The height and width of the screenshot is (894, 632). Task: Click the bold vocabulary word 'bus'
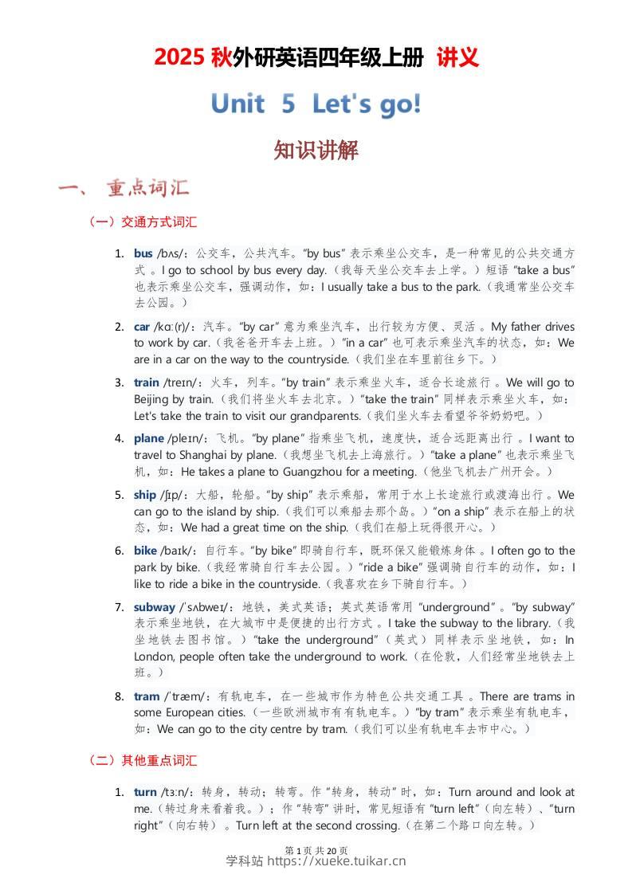143,253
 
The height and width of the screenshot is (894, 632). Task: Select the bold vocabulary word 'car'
142,327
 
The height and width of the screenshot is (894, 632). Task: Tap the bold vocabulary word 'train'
147,382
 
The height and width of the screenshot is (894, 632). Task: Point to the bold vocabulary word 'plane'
149,438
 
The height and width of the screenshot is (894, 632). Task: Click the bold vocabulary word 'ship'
144,495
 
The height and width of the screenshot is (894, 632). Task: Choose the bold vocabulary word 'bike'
145,551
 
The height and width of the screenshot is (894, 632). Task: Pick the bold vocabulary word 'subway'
154,607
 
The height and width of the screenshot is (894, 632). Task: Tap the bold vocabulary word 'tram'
147,696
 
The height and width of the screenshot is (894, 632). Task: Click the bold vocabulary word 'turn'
145,792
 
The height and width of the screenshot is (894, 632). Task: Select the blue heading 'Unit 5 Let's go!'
316,104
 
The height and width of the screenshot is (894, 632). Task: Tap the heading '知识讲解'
316,150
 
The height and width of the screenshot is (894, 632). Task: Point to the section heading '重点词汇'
148,188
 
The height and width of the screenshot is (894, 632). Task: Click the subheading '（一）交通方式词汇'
143,222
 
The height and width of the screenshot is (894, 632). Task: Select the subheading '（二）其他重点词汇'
143,761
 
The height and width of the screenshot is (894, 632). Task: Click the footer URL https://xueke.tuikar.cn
336,861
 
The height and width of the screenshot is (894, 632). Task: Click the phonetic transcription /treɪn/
183,382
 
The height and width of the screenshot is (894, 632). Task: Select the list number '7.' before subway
119,607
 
